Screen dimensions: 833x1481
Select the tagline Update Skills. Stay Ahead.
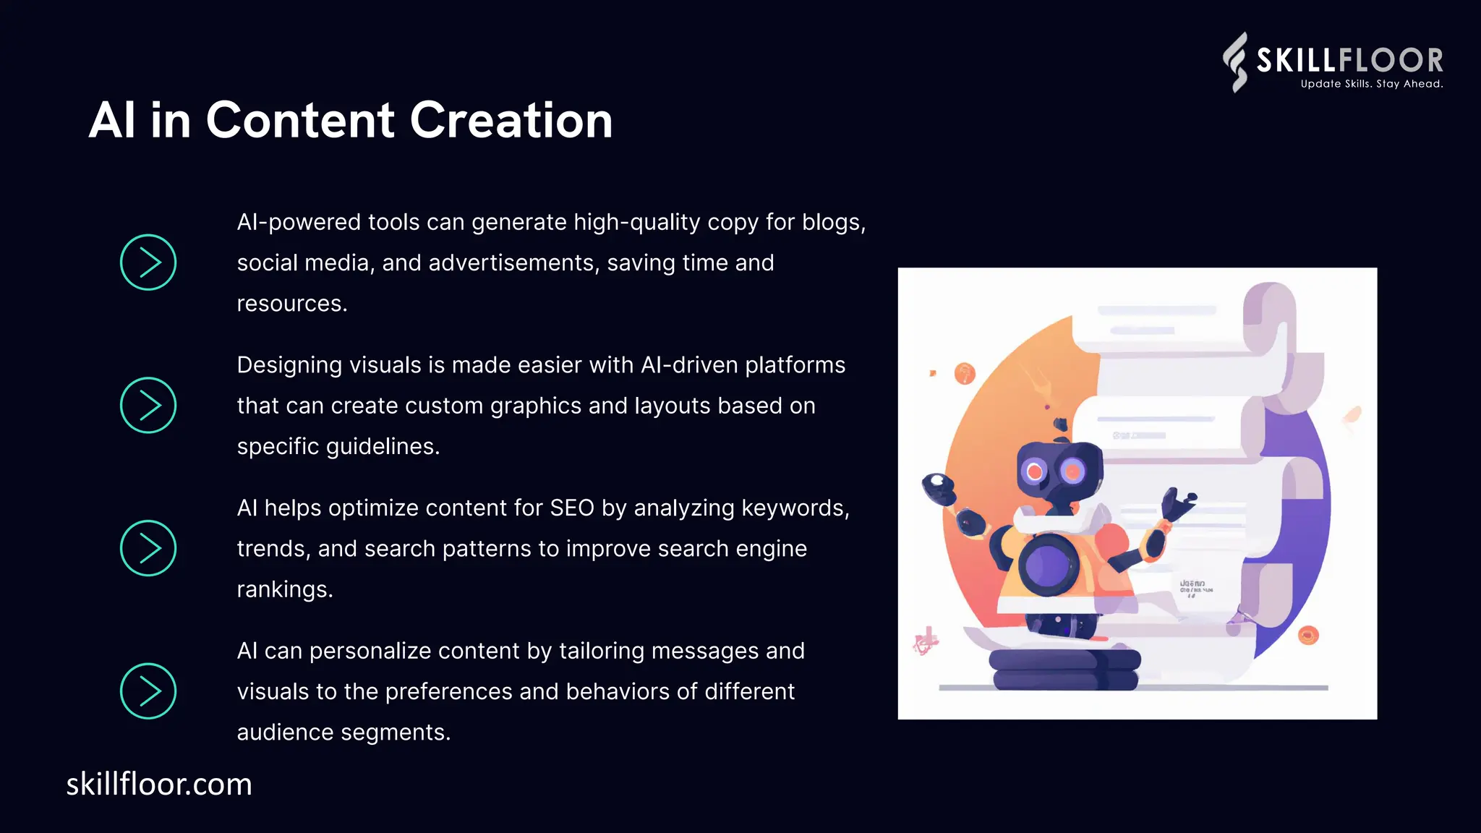(x=1371, y=84)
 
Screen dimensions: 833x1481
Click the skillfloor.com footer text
(x=159, y=785)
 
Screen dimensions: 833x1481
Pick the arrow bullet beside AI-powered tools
(x=148, y=262)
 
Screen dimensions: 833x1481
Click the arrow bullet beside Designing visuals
(x=148, y=406)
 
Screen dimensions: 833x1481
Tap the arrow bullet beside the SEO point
(x=148, y=548)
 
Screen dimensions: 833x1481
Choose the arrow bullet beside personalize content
(x=148, y=691)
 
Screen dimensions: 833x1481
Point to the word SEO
(x=571, y=508)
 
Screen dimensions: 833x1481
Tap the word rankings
(x=284, y=589)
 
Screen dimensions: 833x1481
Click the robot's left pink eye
(x=1035, y=472)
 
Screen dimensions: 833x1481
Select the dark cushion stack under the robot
(x=1064, y=669)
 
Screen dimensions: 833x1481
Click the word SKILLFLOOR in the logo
(x=1349, y=60)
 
